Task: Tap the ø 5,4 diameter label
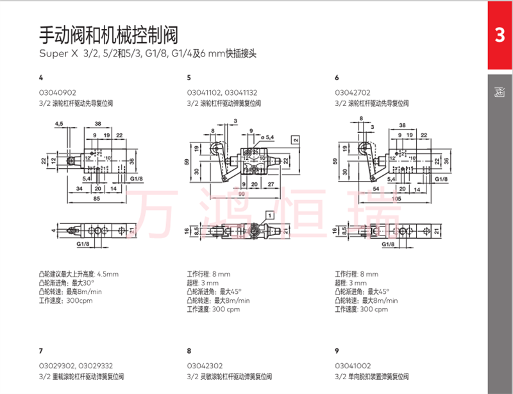point(267,137)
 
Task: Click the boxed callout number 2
point(296,139)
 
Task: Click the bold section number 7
point(41,350)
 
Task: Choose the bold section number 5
point(189,78)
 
